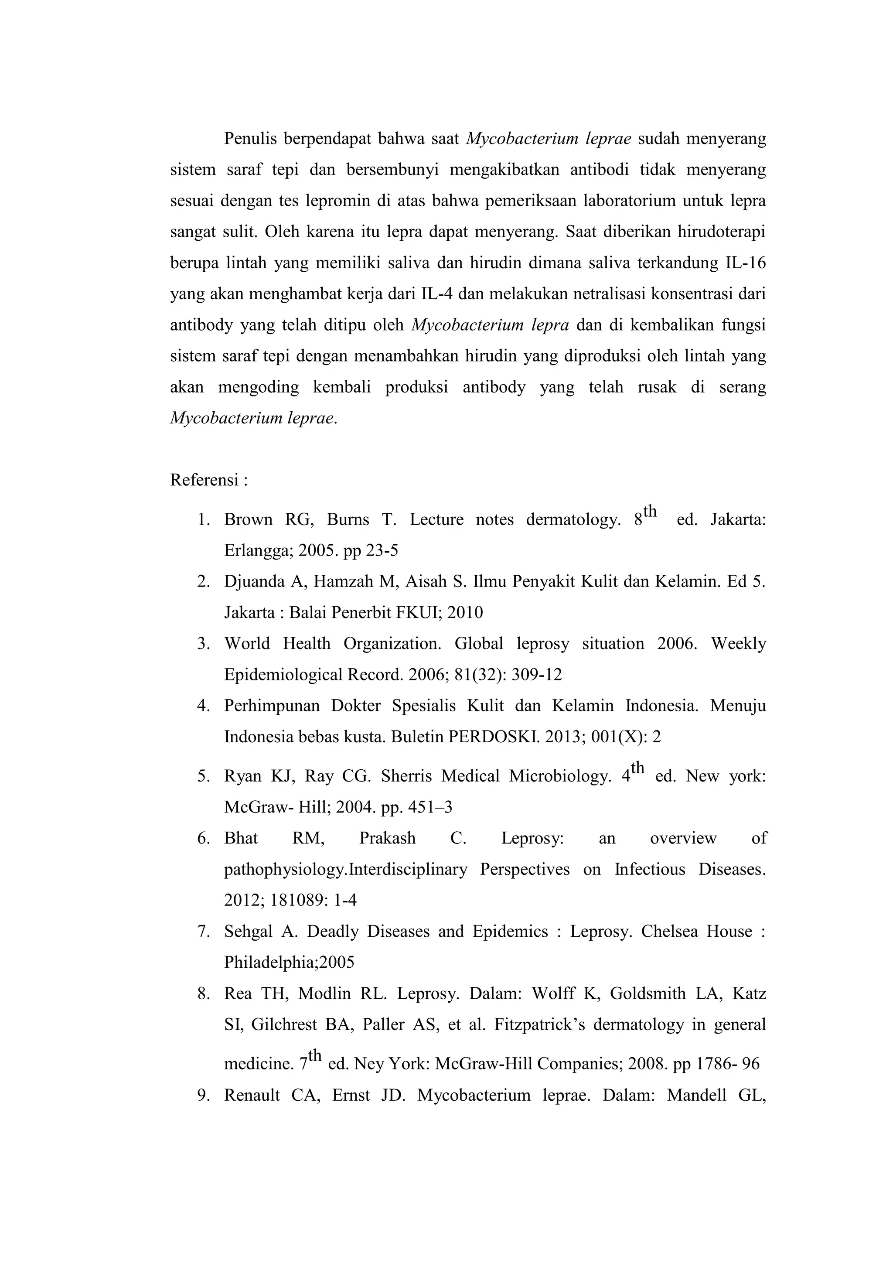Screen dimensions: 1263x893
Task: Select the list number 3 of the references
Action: [204, 644]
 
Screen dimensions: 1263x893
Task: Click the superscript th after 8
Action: [650, 512]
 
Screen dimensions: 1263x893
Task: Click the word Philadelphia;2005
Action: [289, 962]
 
